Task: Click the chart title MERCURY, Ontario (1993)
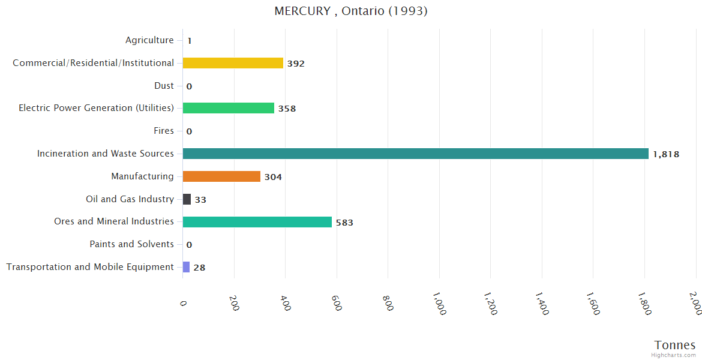(351, 11)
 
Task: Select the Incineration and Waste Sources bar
(415, 154)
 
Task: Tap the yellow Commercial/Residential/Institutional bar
(233, 63)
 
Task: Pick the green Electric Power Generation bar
(228, 108)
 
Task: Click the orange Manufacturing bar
(221, 176)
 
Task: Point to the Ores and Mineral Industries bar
(257, 222)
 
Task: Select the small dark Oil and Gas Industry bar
(187, 199)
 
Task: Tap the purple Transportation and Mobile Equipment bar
(186, 267)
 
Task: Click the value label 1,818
(666, 154)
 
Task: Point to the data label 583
(344, 223)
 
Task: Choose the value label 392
(296, 64)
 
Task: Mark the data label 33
(200, 200)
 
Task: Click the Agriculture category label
(149, 40)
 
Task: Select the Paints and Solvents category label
(131, 244)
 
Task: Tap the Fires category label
(164, 131)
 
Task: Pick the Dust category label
(164, 86)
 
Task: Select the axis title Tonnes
(675, 345)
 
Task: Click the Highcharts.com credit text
(674, 355)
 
